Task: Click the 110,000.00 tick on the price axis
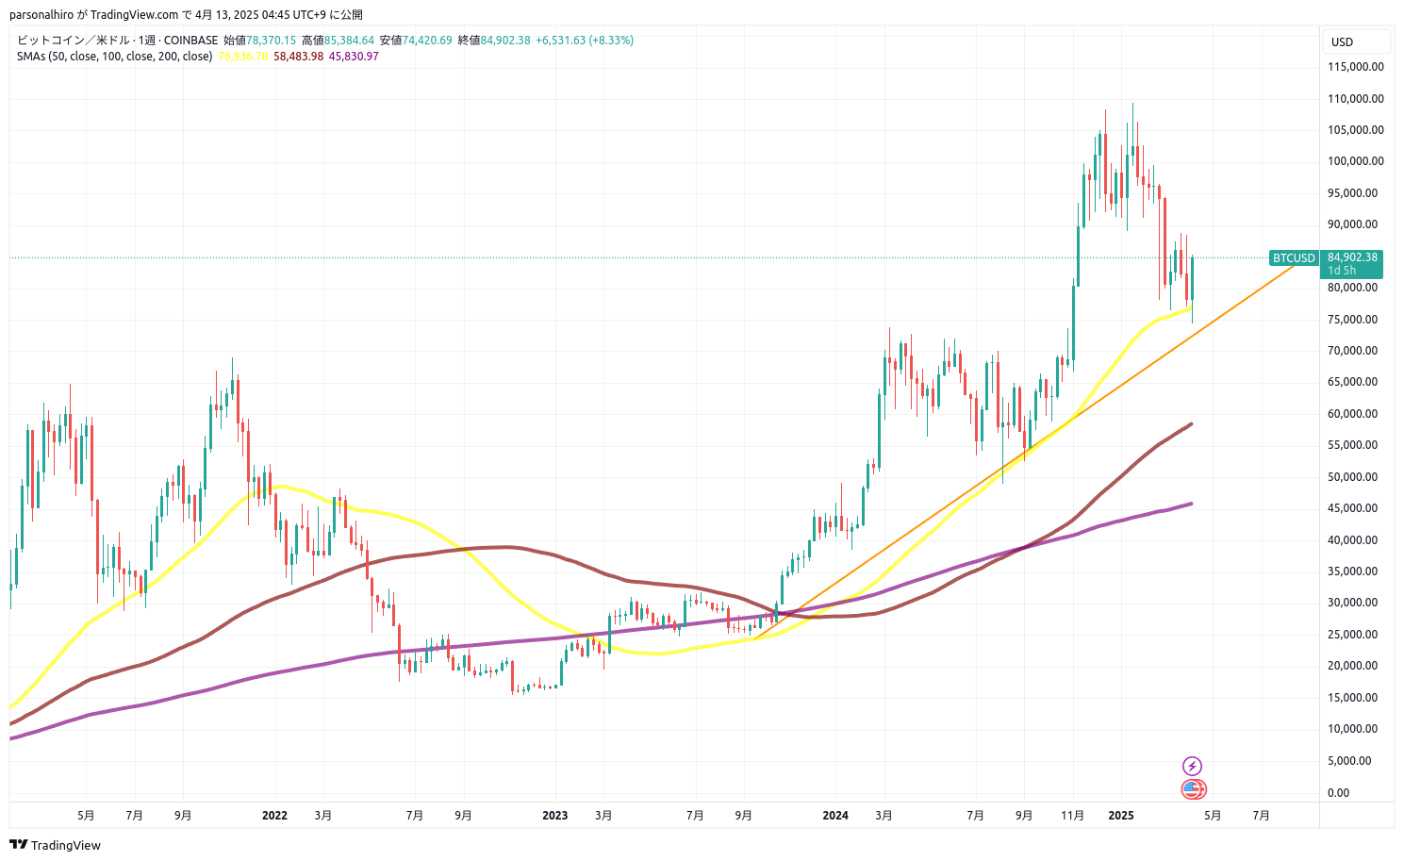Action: click(1355, 98)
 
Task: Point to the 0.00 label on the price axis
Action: click(1338, 792)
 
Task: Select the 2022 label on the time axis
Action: click(274, 815)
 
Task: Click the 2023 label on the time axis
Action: click(555, 815)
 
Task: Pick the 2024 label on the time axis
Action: click(835, 815)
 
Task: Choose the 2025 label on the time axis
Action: click(1120, 815)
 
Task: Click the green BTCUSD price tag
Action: click(1294, 257)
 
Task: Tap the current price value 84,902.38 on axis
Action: click(1352, 257)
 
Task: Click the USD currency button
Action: click(1342, 41)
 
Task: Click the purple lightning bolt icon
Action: click(1193, 766)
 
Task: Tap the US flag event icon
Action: click(1193, 789)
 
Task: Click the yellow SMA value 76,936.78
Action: click(243, 57)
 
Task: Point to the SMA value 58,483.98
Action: click(298, 57)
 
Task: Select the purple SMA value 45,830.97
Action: click(354, 57)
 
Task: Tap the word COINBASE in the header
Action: click(190, 41)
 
